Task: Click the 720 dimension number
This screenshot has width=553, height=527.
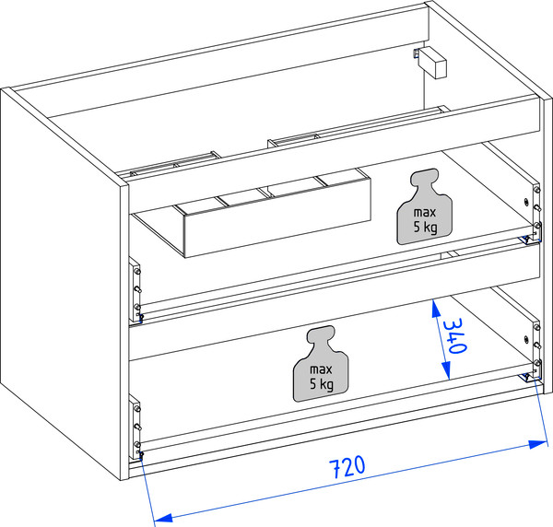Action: [347, 467]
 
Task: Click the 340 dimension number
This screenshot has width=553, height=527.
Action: [455, 335]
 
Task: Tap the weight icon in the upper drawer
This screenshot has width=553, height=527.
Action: [425, 206]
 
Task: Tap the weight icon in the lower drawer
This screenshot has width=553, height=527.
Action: [321, 364]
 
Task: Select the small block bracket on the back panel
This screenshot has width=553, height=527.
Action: [431, 63]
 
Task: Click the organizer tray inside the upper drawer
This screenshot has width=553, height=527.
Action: [253, 213]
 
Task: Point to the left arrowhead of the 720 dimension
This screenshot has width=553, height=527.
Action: [163, 518]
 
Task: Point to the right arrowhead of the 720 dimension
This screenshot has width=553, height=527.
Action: [537, 444]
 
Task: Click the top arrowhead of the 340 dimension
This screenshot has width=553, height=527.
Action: [436, 308]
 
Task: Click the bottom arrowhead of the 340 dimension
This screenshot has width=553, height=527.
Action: [446, 370]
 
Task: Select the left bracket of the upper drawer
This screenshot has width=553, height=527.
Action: [135, 290]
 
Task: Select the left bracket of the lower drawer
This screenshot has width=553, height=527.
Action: [135, 427]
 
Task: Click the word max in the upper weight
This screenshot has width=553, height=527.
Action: [425, 212]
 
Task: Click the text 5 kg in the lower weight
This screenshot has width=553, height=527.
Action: [322, 384]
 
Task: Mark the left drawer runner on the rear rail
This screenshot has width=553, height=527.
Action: [173, 164]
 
